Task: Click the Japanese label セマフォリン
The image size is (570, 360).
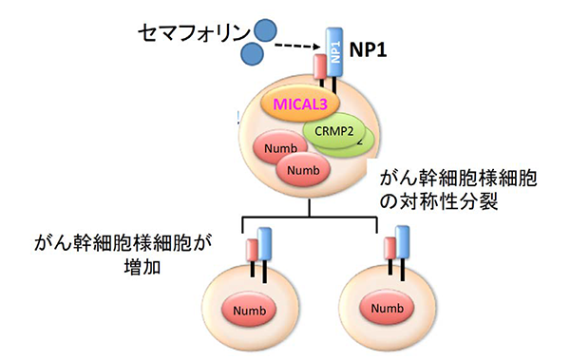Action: pos(184,34)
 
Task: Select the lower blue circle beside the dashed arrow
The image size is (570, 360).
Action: pos(253,55)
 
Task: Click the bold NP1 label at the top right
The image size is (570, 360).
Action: pos(376,55)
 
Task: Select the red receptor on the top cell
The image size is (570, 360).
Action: pos(320,70)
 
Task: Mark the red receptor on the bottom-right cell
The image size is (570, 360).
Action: pos(389,251)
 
